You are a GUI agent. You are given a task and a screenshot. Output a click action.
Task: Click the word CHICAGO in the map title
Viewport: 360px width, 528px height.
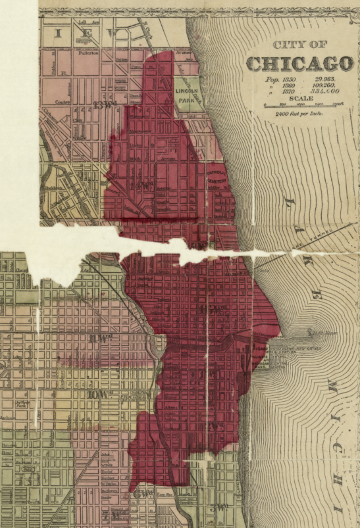coord(299,64)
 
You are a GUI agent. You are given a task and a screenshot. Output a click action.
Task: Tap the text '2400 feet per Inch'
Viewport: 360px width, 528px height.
coord(301,113)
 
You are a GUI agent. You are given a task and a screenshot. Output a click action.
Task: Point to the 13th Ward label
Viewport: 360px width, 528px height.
coord(105,104)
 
